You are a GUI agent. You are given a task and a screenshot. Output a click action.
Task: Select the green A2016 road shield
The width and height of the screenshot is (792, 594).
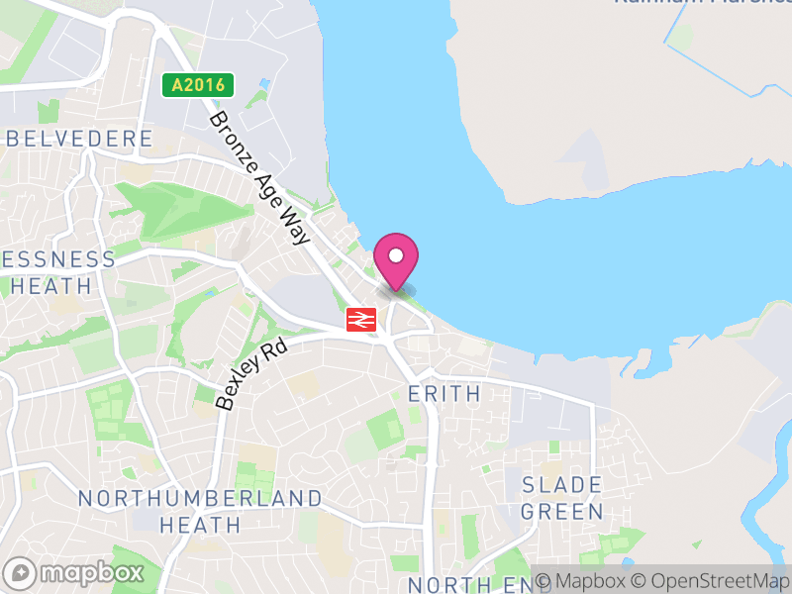198,85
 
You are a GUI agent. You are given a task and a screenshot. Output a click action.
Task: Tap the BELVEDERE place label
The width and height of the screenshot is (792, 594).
79,139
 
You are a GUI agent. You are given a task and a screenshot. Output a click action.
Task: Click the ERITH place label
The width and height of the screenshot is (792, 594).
445,393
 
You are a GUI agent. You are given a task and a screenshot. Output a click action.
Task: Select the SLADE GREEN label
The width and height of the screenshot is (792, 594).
561,498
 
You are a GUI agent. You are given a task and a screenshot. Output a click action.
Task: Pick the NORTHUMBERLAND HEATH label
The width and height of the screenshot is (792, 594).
199,511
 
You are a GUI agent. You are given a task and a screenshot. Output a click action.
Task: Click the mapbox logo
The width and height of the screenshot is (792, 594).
74,572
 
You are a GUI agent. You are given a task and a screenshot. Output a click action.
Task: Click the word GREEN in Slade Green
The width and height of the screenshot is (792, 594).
561,512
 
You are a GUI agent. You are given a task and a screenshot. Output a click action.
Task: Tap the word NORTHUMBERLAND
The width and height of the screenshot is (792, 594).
199,498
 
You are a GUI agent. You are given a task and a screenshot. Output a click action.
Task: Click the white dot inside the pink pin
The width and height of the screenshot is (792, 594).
396,255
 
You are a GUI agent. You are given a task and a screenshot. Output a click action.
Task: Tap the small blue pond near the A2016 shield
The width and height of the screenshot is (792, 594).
264,84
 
